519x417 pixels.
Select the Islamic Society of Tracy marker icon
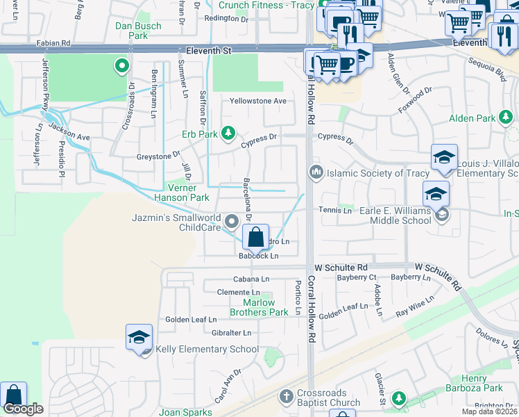point(316,172)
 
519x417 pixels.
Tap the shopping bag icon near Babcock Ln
point(256,238)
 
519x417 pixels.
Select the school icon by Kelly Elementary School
point(139,338)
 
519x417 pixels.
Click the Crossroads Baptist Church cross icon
point(285,397)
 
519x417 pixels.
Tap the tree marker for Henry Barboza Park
point(398,398)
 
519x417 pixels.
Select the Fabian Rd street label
point(56,42)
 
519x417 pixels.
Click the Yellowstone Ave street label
point(258,101)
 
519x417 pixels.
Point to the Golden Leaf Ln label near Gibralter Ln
point(191,319)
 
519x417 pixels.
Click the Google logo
point(23,409)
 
